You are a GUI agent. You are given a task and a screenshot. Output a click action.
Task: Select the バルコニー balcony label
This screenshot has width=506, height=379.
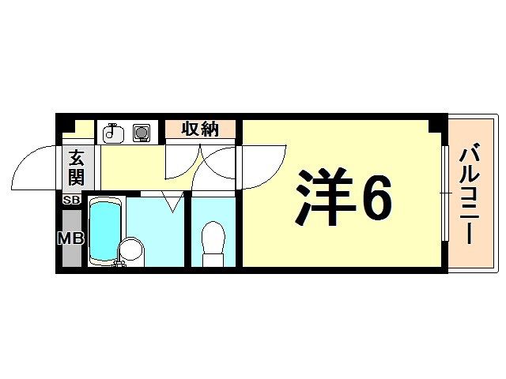coord(471,193)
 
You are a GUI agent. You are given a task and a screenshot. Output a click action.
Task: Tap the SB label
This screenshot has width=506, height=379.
coord(71,201)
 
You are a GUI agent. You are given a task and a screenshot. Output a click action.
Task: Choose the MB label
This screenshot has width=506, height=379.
coord(71,238)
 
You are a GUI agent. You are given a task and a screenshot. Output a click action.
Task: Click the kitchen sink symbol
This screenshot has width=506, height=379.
coord(113,132)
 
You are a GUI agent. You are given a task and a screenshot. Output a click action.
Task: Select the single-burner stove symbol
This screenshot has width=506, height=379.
coord(142,132)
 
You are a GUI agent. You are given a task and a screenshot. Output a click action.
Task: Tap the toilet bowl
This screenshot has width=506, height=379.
coord(213,236)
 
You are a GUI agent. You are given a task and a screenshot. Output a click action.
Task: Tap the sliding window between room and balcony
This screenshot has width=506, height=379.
coord(444,193)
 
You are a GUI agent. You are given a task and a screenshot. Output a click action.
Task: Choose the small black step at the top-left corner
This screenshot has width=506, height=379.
coord(68,124)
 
